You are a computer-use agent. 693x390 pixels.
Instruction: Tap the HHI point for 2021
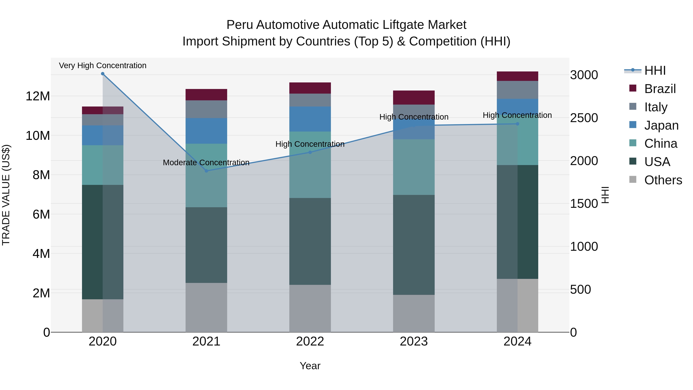pyautogui.click(x=206, y=171)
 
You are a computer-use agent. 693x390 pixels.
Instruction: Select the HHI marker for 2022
pyautogui.click(x=310, y=152)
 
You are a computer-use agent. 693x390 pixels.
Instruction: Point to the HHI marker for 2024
pyautogui.click(x=517, y=124)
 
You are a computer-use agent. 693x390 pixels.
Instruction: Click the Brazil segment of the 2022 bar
pyautogui.click(x=310, y=88)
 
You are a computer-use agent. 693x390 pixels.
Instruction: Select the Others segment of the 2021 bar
pyautogui.click(x=206, y=307)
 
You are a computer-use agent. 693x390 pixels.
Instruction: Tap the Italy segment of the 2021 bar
pyautogui.click(x=206, y=109)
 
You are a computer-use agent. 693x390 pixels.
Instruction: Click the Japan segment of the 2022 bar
pyautogui.click(x=310, y=119)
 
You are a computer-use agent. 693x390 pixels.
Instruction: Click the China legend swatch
pyautogui.click(x=633, y=143)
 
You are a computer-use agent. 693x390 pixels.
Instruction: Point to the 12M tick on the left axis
pyautogui.click(x=38, y=96)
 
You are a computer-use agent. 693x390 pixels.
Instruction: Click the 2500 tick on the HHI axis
pyautogui.click(x=584, y=118)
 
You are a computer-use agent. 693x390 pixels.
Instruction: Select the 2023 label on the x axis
pyautogui.click(x=414, y=341)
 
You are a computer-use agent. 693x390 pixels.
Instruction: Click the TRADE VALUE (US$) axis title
pyautogui.click(x=6, y=195)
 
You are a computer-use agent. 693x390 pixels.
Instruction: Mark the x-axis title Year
pyautogui.click(x=310, y=366)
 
